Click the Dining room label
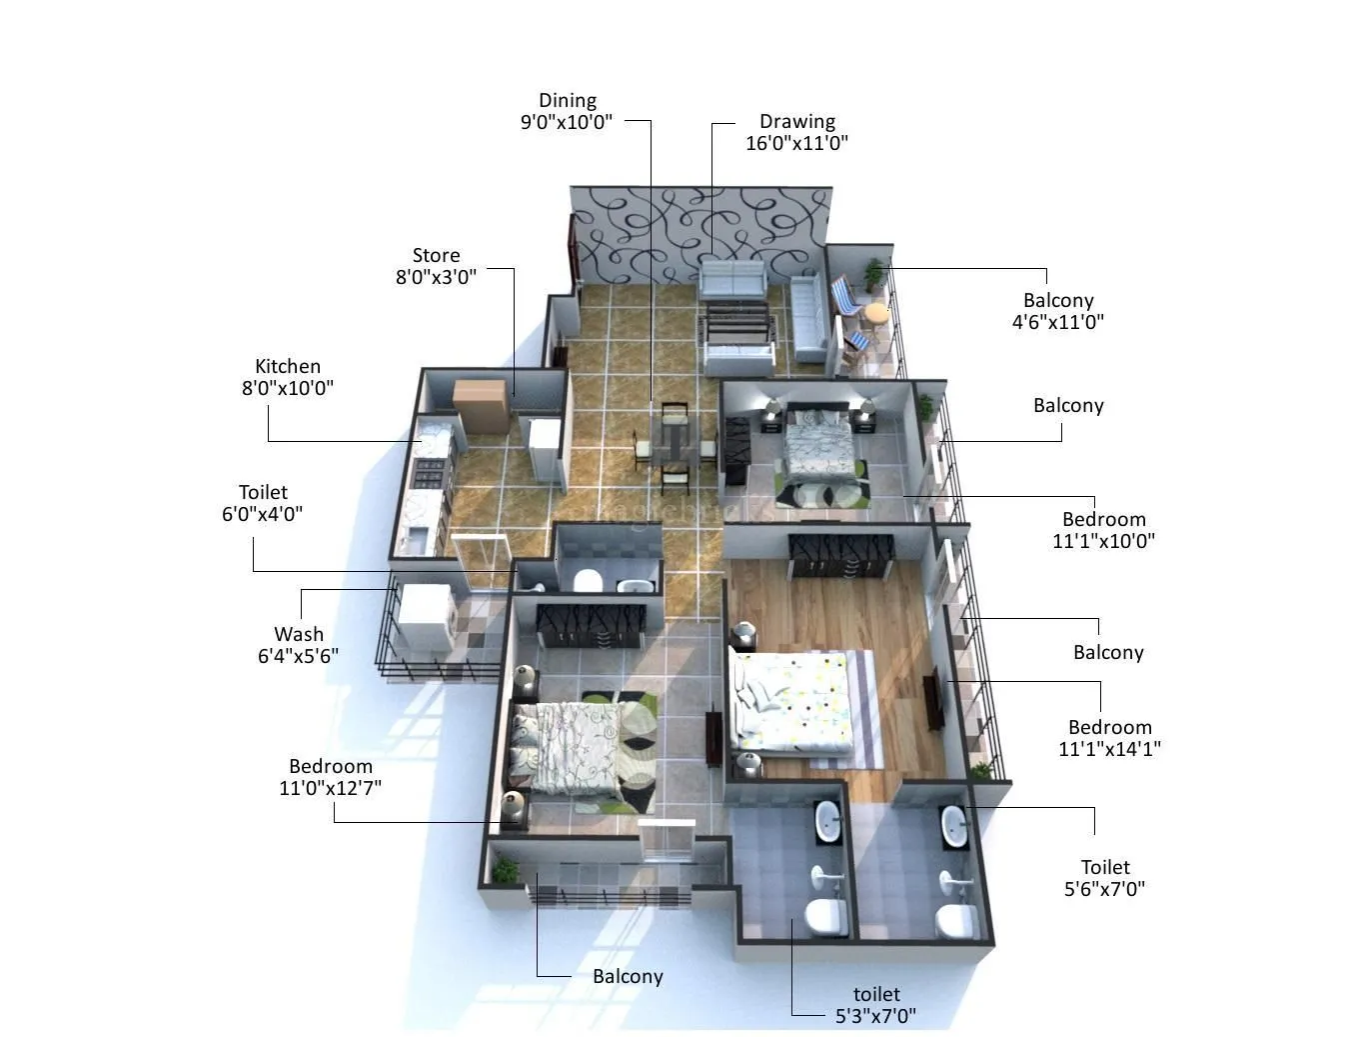click(567, 100)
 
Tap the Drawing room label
click(796, 121)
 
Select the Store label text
click(436, 255)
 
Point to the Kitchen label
click(288, 366)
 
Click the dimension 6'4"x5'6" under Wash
click(298, 656)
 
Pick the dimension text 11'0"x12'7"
click(330, 788)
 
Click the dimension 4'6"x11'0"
click(1057, 322)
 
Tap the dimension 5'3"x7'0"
click(875, 1016)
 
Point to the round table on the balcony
click(876, 312)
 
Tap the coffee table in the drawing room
click(737, 325)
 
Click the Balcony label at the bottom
click(628, 976)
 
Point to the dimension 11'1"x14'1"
click(1109, 748)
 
